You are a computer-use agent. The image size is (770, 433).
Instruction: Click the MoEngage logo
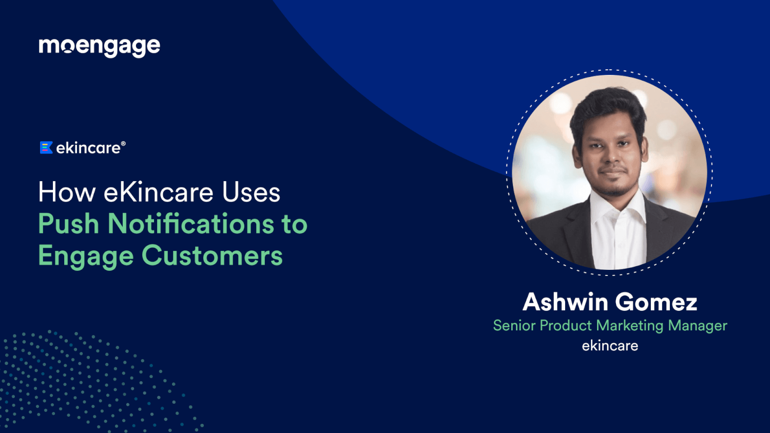click(99, 47)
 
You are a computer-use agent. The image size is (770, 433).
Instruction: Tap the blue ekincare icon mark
click(46, 148)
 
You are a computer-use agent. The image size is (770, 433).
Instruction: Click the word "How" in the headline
click(67, 193)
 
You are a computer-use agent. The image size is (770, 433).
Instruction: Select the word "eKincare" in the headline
click(159, 193)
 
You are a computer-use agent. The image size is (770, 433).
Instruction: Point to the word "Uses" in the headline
click(251, 193)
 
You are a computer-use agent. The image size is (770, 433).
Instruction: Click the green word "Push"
click(68, 224)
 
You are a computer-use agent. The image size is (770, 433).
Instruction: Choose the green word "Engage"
click(85, 256)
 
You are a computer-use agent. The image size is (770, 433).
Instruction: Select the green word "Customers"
click(212, 256)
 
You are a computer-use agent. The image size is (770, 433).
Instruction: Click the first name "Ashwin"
click(565, 302)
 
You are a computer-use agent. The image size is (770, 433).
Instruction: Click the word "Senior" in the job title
click(514, 325)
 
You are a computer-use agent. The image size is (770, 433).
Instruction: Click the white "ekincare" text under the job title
click(610, 346)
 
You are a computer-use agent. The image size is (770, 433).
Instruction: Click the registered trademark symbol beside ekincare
click(123, 144)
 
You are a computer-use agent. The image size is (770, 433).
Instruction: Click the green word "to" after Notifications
click(294, 224)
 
